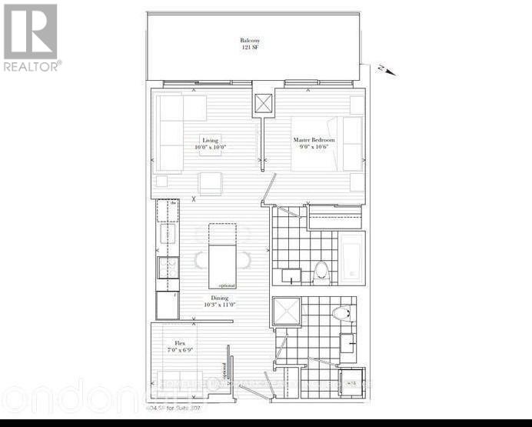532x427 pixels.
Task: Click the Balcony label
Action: (249, 41)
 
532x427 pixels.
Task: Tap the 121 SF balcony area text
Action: (249, 48)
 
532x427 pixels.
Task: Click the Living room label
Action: (210, 141)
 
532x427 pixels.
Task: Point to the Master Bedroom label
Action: (314, 140)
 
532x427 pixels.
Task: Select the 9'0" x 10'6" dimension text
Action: (313, 148)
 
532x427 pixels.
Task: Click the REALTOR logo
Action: (31, 38)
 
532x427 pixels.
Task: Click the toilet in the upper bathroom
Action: (321, 272)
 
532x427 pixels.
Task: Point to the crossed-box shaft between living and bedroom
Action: (264, 103)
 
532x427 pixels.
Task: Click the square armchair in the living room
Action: (209, 183)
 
